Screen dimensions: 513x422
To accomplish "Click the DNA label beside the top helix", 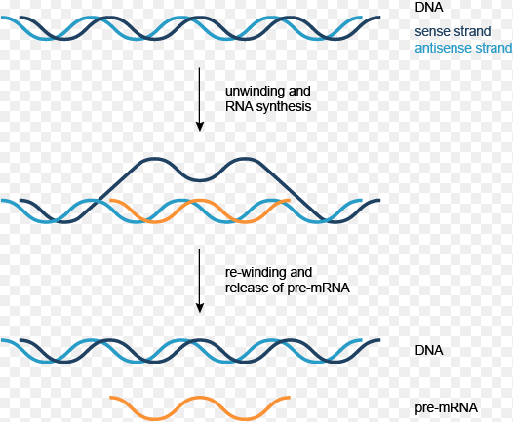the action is point(429,7).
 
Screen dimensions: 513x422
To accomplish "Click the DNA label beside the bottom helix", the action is point(429,350).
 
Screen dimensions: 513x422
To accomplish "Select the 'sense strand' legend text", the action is point(453,31).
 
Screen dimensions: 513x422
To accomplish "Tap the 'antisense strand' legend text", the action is point(463,48).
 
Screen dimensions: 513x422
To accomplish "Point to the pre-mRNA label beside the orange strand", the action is point(447,408).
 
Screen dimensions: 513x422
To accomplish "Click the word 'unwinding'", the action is point(256,91).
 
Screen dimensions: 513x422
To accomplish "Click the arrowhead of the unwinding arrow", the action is point(200,127).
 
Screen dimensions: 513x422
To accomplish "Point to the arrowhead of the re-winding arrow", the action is point(200,308).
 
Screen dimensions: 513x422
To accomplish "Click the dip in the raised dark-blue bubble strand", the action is point(200,179).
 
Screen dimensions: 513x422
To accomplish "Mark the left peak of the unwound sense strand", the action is point(154,159).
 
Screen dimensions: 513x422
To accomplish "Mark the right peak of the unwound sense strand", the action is point(246,159).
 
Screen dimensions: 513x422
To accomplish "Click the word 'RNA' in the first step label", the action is point(239,107).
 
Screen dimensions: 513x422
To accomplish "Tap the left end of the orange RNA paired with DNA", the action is point(110,200).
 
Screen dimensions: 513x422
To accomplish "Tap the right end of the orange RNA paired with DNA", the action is point(290,200).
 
